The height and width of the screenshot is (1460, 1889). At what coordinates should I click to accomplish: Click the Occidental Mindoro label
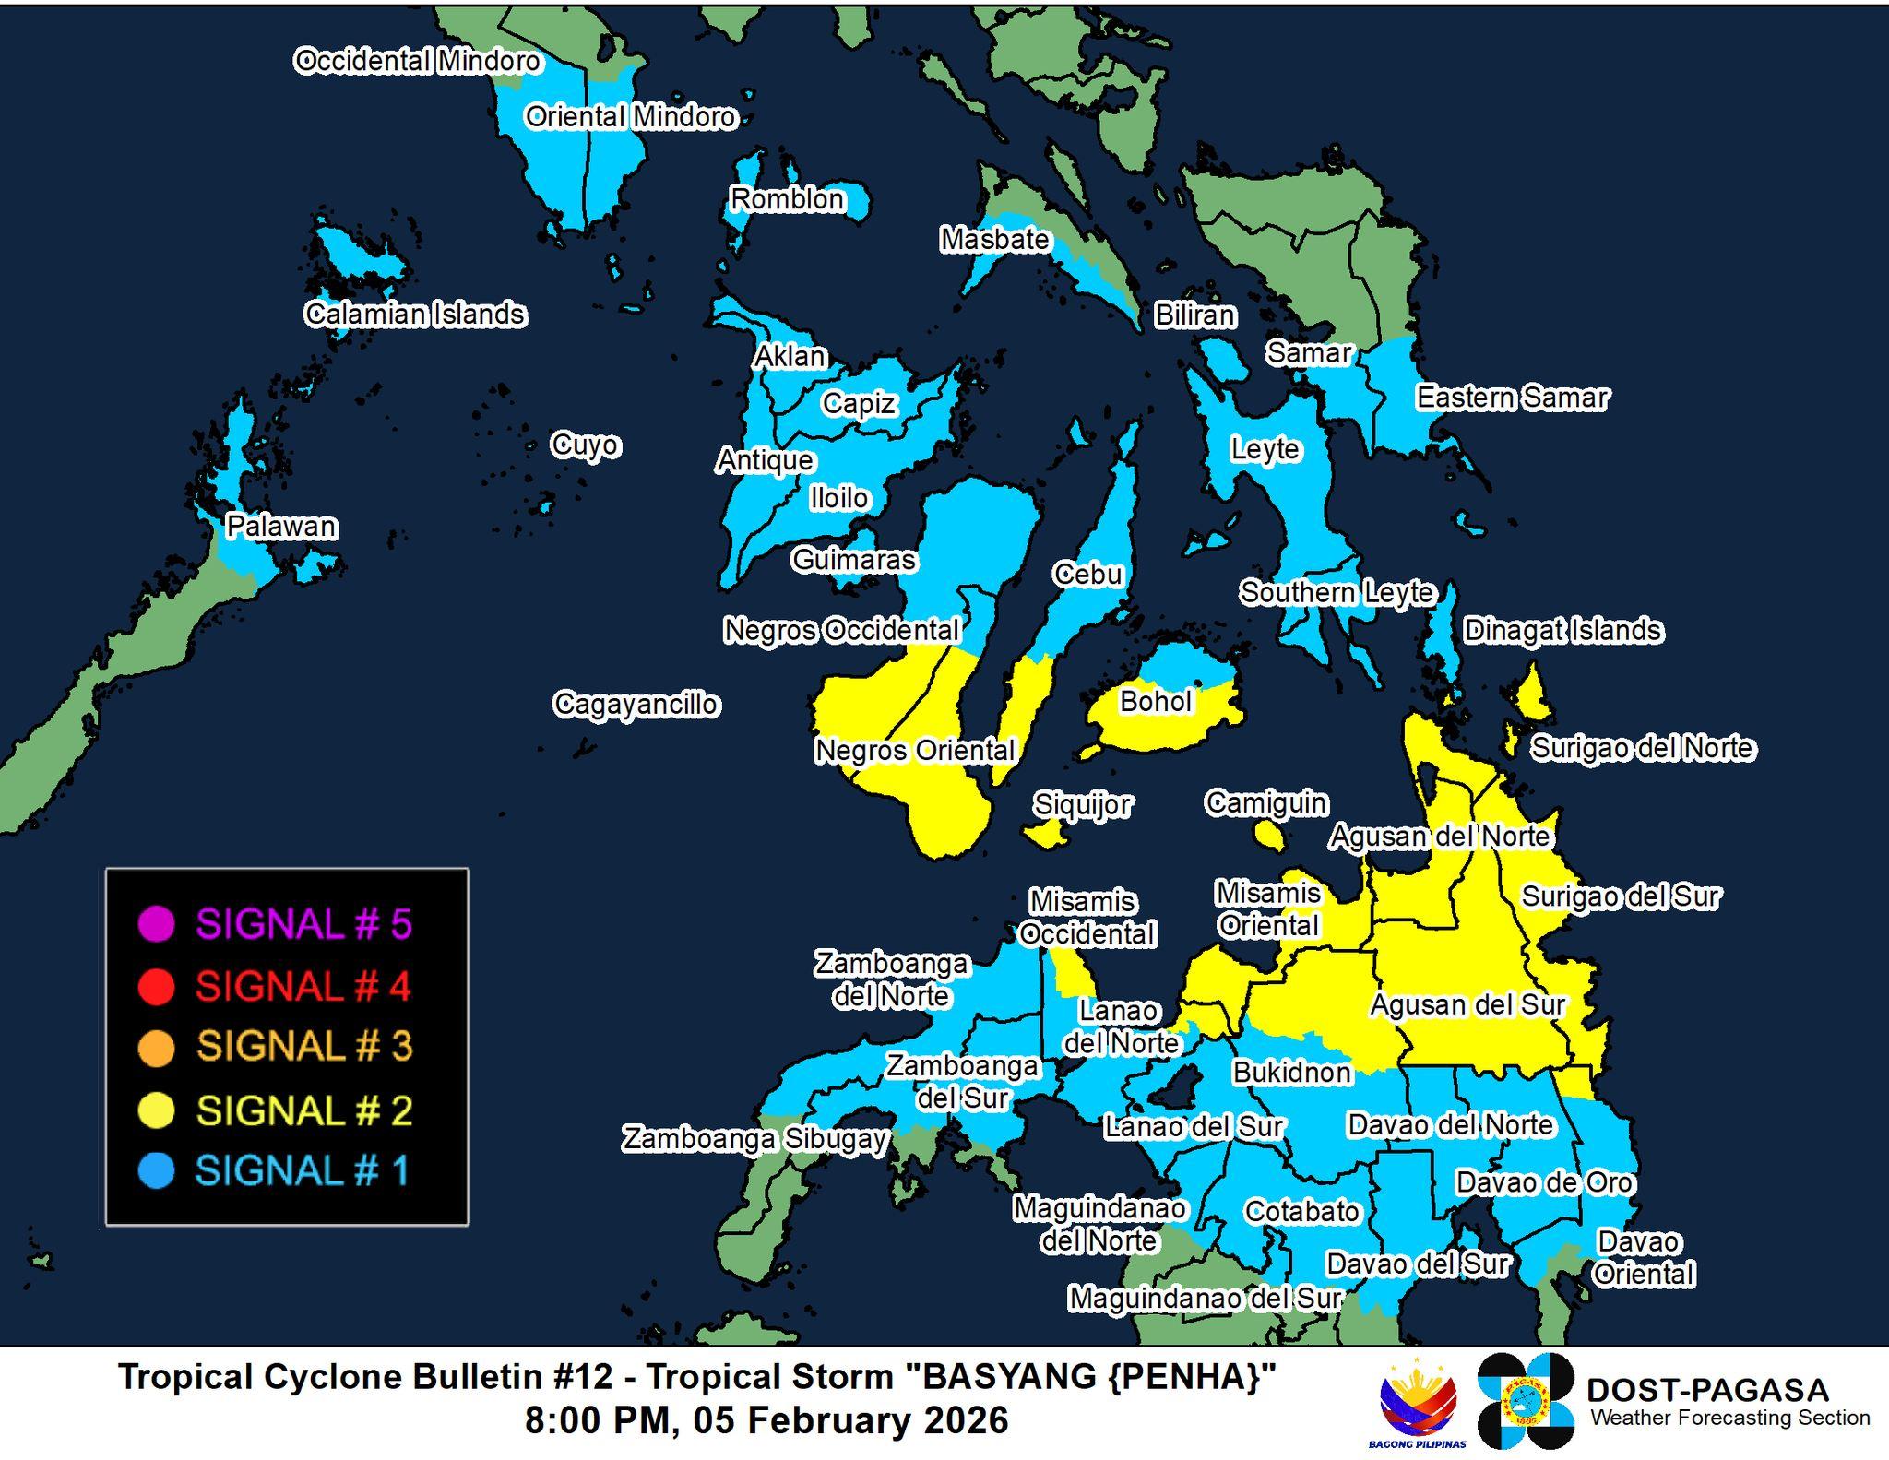click(417, 61)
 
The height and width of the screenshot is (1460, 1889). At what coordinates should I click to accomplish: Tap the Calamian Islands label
click(415, 315)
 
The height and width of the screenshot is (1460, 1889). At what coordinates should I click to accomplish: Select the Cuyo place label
click(586, 445)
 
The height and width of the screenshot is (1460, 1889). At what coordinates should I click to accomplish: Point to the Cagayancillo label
click(636, 705)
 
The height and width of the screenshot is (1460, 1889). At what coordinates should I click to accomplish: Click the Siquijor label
click(1082, 804)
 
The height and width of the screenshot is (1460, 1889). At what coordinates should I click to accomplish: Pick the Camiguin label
click(1266, 802)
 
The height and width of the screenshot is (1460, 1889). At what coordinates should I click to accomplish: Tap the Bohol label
click(1156, 702)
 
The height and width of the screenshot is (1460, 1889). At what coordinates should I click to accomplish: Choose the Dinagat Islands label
click(1563, 631)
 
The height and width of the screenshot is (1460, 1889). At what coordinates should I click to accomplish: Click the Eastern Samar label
click(1513, 398)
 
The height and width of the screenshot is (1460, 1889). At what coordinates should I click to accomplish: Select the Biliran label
click(1195, 315)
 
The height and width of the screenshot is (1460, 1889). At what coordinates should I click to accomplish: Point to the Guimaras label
click(854, 560)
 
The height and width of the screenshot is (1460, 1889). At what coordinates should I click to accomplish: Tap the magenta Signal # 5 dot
click(156, 924)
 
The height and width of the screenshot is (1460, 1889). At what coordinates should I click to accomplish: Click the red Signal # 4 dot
click(156, 987)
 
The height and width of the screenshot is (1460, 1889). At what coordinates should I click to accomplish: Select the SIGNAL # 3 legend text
click(304, 1047)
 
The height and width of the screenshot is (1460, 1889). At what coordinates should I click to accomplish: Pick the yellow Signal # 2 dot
click(156, 1110)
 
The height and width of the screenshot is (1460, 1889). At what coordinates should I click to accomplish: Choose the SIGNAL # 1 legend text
click(302, 1171)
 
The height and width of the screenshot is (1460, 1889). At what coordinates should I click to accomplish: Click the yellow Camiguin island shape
click(1270, 837)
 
